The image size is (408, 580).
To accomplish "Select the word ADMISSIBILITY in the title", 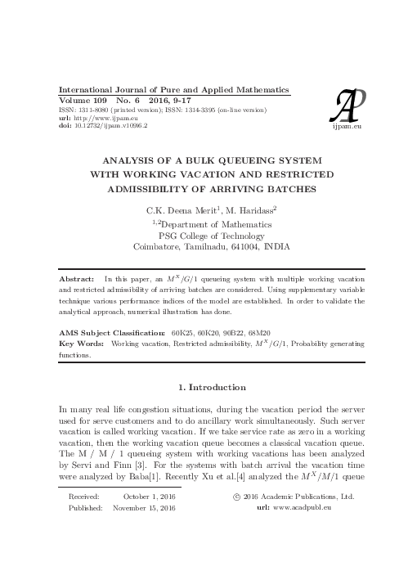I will (x=155, y=189).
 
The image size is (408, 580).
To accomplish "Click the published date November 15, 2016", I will (x=145, y=508).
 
